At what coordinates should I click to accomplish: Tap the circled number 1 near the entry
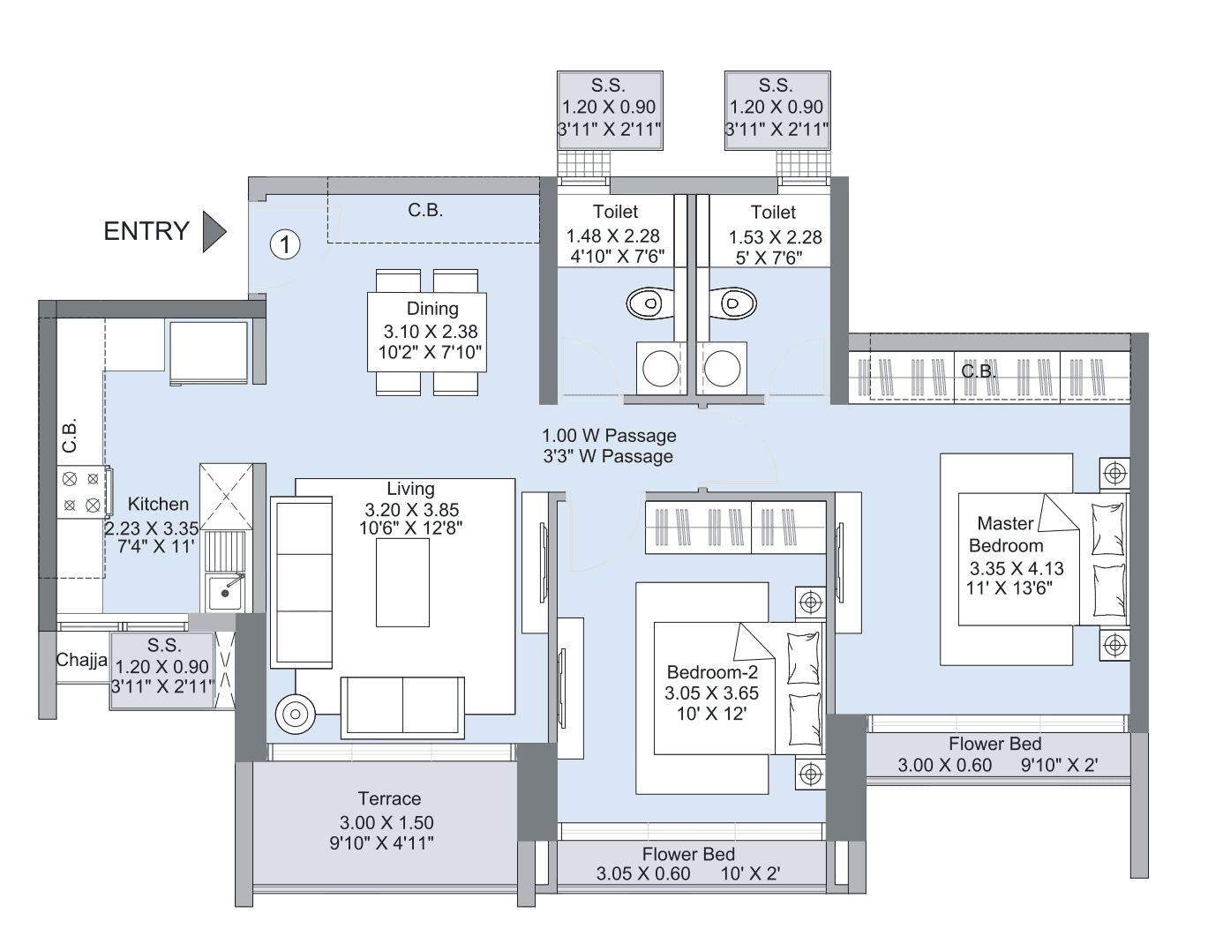[285, 243]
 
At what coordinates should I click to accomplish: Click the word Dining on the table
[432, 309]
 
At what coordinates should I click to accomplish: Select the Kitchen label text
[158, 504]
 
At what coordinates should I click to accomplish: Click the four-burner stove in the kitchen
[80, 492]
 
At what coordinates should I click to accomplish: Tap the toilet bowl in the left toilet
[650, 303]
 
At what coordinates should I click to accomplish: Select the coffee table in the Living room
[403, 582]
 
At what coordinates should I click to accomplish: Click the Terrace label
[389, 799]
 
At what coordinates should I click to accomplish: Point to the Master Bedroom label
[1006, 535]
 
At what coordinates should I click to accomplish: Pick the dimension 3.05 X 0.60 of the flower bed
[643, 874]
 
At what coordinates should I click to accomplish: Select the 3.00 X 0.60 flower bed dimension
[945, 766]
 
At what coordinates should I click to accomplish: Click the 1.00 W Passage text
[609, 436]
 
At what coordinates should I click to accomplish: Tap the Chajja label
[82, 660]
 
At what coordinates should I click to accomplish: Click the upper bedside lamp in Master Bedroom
[1115, 472]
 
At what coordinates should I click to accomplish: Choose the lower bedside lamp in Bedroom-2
[809, 774]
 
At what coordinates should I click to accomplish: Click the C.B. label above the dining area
[425, 211]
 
